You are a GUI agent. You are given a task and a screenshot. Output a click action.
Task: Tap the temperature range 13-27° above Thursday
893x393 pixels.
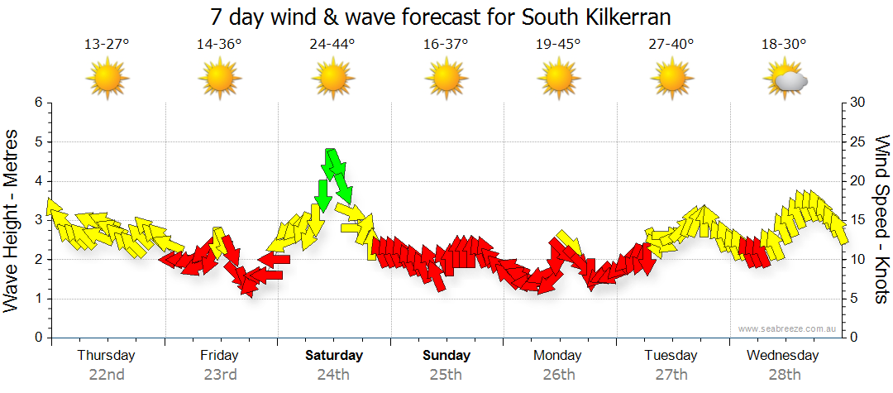pyautogui.click(x=107, y=45)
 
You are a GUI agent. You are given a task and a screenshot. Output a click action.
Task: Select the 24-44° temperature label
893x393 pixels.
pyautogui.click(x=332, y=45)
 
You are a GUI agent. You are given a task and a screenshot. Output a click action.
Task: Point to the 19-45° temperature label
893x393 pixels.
pyautogui.click(x=558, y=45)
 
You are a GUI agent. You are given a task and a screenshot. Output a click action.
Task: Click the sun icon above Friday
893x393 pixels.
pyautogui.click(x=220, y=79)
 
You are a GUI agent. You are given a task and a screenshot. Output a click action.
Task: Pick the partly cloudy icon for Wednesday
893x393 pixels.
pyautogui.click(x=785, y=79)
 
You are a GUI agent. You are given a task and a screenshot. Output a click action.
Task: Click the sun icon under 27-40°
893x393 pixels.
pyautogui.click(x=671, y=79)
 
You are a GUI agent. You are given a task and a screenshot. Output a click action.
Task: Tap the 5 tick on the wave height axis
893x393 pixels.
pyautogui.click(x=37, y=142)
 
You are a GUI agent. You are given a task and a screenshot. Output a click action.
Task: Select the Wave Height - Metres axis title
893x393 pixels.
pyautogui.click(x=12, y=219)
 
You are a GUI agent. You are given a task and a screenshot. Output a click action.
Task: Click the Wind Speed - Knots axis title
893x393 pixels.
pyautogui.click(x=881, y=219)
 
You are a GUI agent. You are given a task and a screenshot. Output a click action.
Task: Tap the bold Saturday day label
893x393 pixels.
pyautogui.click(x=334, y=356)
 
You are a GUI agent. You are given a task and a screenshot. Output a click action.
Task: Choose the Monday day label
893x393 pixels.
pyautogui.click(x=558, y=356)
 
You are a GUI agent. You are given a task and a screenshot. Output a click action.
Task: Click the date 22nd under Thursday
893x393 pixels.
pyautogui.click(x=107, y=375)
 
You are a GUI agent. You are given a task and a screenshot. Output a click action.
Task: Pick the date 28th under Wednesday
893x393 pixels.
pyautogui.click(x=783, y=375)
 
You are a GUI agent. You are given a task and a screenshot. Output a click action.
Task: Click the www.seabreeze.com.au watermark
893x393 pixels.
pyautogui.click(x=789, y=328)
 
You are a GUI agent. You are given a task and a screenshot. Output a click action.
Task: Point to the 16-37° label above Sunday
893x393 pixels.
pyautogui.click(x=446, y=45)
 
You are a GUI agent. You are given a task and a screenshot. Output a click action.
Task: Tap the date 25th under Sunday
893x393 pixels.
pyautogui.click(x=446, y=375)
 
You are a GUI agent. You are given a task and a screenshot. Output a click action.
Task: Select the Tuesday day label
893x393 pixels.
pyautogui.click(x=671, y=356)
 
